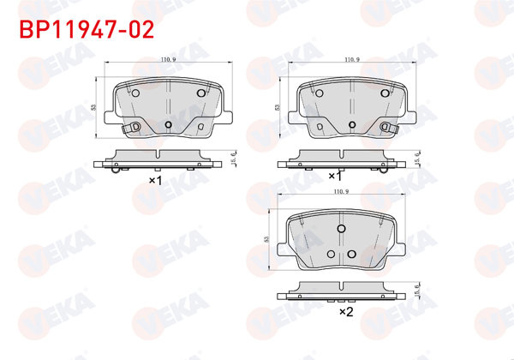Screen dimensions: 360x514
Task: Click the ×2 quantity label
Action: pyautogui.click(x=346, y=313)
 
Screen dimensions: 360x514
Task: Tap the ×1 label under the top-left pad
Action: pyautogui.click(x=155, y=181)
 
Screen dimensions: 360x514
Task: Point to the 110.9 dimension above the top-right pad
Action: pyautogui.click(x=350, y=60)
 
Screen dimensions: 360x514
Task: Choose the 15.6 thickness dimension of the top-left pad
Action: pyautogui.click(x=235, y=158)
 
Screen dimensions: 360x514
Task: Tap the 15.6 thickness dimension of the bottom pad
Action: pyautogui.click(x=417, y=290)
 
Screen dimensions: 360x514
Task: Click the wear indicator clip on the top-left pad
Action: pyautogui.click(x=130, y=129)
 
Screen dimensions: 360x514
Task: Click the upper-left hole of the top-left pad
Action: pyautogui.click(x=135, y=93)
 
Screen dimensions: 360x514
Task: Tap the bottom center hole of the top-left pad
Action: pyautogui.click(x=168, y=124)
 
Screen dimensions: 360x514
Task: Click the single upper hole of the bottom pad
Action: pyautogui.click(x=342, y=229)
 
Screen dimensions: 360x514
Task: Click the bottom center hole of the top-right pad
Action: pyautogui.click(x=351, y=124)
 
